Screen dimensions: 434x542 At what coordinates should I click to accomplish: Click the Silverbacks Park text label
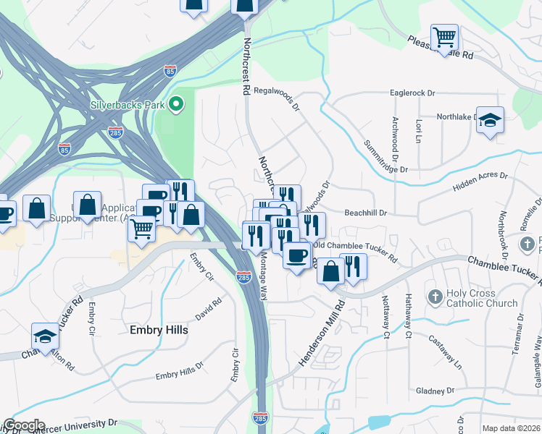point(128,104)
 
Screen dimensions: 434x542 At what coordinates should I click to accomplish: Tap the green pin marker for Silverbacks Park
point(175,105)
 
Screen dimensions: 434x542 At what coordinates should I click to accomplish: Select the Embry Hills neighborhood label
point(158,330)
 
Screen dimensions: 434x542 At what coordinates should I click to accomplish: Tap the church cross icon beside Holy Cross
point(435,297)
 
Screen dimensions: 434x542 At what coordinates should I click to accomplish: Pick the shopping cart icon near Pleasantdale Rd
point(443,35)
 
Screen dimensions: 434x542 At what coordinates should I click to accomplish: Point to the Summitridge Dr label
point(386,156)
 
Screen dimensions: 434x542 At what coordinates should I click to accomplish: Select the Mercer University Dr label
point(81,422)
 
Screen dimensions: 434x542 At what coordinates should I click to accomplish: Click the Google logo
point(23,425)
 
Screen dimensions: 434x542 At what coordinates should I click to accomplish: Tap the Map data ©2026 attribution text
point(511,428)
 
